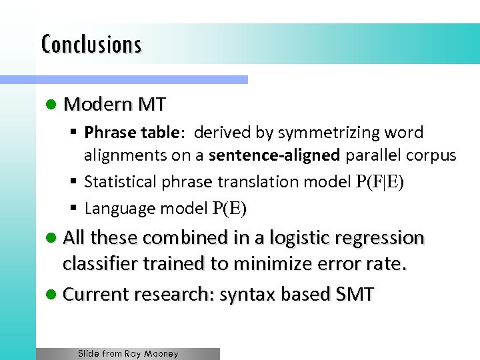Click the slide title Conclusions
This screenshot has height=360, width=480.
(x=91, y=45)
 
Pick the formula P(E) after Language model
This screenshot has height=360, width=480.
(x=229, y=209)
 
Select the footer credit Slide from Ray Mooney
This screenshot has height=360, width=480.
(x=128, y=354)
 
